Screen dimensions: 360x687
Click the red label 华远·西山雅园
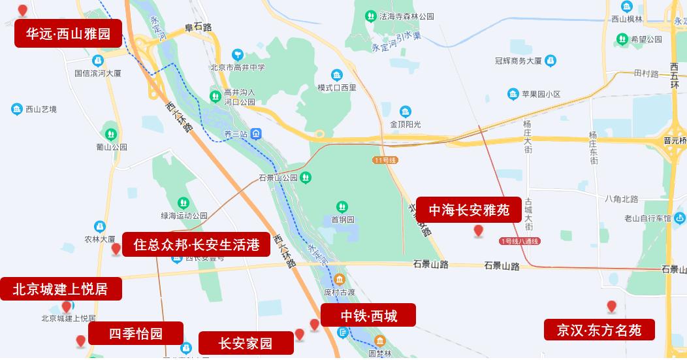tap(68, 34)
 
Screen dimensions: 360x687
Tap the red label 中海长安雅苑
tap(469, 210)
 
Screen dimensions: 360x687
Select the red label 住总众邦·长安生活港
tap(196, 244)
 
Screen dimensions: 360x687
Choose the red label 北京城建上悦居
tap(60, 288)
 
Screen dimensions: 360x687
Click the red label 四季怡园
tap(135, 333)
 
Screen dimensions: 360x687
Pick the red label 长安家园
tap(246, 343)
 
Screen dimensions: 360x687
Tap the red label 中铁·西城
tap(368, 317)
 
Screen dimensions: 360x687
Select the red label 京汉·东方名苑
tap(599, 330)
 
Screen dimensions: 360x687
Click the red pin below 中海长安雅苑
tap(479, 231)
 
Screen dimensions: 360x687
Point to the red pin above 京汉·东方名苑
tap(612, 306)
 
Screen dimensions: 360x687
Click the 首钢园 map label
tap(342, 220)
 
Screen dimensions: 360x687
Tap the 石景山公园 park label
tap(278, 178)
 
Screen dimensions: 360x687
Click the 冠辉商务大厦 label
tap(519, 61)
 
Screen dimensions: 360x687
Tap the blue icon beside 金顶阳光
tap(406, 111)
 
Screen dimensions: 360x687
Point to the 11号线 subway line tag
tap(385, 159)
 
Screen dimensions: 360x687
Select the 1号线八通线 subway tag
tap(520, 241)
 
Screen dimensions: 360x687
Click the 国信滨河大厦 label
tap(98, 73)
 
